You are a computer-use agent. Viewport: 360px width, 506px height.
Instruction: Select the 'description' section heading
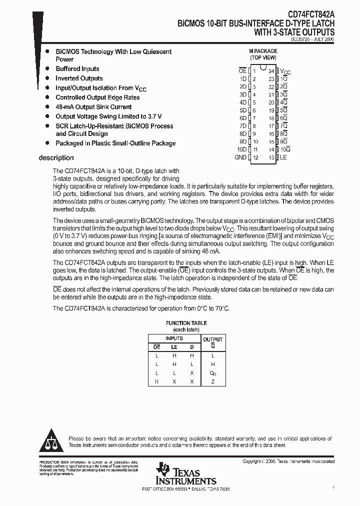(56, 158)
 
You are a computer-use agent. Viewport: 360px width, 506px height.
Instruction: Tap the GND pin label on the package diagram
(240, 157)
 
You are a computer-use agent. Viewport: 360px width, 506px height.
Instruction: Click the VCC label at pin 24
(285, 72)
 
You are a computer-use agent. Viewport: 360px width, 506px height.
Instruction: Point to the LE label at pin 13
(283, 157)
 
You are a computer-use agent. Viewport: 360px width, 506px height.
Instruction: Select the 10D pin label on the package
(241, 149)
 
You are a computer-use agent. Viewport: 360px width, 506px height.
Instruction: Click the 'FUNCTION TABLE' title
(186, 323)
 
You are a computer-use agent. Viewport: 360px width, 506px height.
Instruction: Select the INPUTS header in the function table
(174, 338)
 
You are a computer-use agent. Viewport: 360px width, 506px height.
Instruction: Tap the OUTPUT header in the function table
(213, 339)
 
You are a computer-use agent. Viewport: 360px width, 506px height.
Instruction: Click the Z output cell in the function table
(213, 382)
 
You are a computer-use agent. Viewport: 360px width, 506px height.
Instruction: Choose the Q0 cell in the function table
(213, 373)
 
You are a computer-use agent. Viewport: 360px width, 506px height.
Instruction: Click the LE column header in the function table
(174, 346)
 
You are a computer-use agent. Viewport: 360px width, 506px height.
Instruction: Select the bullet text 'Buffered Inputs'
(77, 69)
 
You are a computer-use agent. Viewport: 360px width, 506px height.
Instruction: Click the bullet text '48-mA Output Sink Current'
(93, 107)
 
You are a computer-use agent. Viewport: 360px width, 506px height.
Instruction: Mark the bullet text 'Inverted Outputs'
(79, 78)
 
